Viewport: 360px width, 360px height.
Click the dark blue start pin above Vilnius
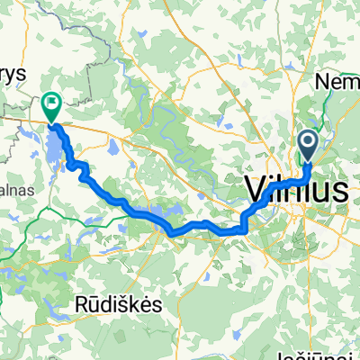click(x=308, y=142)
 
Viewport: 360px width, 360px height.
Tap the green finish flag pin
click(x=51, y=106)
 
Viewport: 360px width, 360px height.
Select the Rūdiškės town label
click(x=119, y=305)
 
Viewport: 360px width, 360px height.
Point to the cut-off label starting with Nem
click(x=337, y=82)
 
